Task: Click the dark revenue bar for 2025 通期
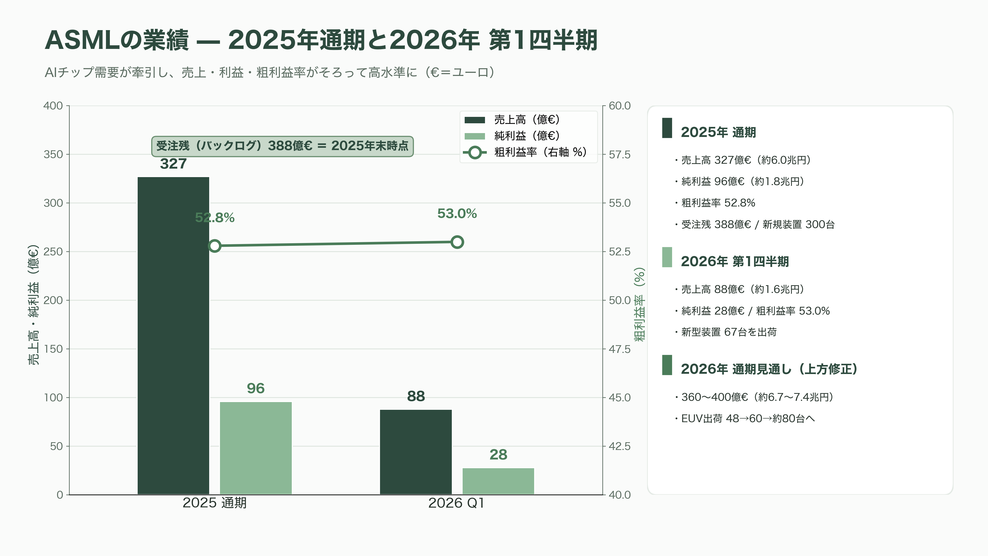(173, 336)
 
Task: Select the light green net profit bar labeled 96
(256, 448)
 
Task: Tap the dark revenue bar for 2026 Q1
(416, 452)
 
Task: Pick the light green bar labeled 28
(498, 481)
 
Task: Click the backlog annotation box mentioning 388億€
(282, 146)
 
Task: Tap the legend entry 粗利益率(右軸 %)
(525, 152)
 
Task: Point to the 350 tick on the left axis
(53, 154)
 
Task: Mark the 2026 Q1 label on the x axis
(456, 503)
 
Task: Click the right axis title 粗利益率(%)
(639, 304)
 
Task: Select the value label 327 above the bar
(173, 164)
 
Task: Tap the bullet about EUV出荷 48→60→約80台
(745, 419)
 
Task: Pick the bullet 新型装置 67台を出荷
(726, 332)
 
